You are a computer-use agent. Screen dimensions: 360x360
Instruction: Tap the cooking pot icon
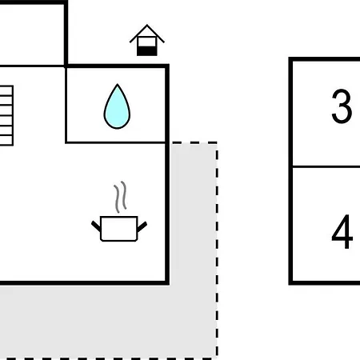(119, 229)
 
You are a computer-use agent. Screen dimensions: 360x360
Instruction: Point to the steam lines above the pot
(120, 197)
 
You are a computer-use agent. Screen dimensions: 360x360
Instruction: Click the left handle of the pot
(96, 226)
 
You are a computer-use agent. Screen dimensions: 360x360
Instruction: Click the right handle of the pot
(142, 226)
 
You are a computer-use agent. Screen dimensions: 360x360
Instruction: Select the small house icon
(147, 40)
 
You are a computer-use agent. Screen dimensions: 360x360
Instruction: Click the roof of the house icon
(147, 34)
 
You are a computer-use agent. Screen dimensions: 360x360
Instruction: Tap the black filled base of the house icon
(147, 51)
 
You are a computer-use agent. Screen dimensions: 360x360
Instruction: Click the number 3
(342, 106)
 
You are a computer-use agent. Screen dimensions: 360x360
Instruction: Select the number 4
(342, 231)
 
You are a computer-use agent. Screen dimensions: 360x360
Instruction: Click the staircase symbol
(6, 116)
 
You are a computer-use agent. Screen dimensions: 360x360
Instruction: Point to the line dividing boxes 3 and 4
(326, 166)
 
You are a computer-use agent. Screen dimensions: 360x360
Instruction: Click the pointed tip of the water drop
(118, 84)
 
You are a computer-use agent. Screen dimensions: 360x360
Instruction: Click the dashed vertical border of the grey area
(217, 250)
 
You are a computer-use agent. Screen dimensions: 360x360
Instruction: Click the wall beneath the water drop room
(115, 142)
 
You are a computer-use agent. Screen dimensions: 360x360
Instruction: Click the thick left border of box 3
(290, 112)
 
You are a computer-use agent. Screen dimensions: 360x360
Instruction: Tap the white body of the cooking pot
(119, 229)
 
